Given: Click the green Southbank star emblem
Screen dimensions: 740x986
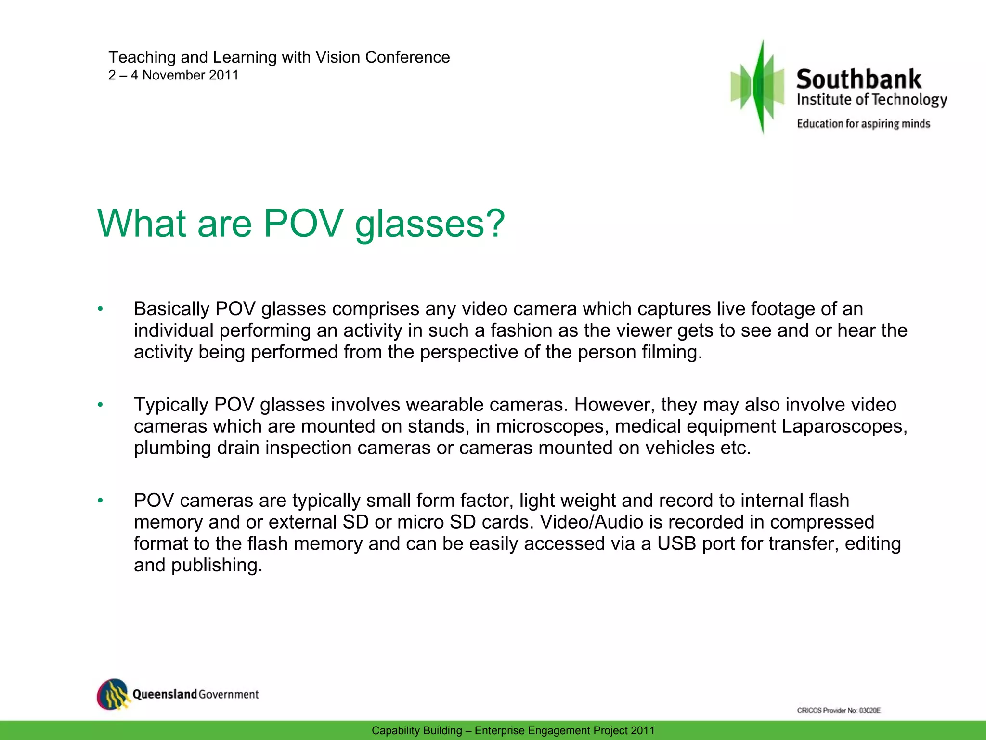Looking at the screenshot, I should pos(758,87).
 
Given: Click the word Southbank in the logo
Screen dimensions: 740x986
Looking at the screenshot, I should pos(858,79).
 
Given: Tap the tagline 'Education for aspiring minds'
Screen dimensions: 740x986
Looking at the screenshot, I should pos(863,124).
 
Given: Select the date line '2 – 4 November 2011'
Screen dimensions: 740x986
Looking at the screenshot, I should pos(173,75).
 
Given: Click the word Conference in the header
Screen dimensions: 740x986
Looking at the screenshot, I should pos(407,57).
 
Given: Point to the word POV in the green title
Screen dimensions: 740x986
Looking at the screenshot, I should pos(303,224).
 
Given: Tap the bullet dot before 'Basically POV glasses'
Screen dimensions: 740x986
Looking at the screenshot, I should pos(100,309).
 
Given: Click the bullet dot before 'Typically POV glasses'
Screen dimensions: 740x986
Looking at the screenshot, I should pos(100,405).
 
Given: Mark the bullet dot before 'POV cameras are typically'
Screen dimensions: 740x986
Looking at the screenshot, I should pos(100,501).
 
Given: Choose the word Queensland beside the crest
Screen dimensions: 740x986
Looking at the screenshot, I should pos(165,694).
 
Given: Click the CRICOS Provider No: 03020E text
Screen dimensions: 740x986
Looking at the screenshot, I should pos(839,710).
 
